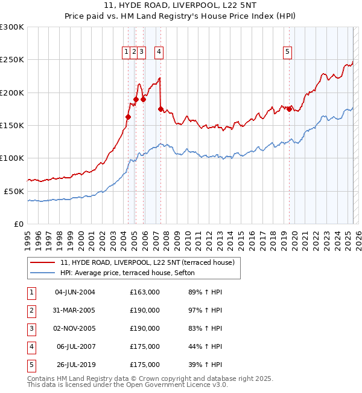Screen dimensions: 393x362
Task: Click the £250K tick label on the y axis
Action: (12, 60)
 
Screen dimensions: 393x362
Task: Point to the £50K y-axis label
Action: (14, 191)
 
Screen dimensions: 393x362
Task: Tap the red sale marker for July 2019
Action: (290, 109)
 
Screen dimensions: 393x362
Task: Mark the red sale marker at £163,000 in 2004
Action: (128, 117)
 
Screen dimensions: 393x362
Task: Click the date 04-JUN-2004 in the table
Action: (75, 293)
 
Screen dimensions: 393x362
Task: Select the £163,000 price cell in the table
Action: (145, 293)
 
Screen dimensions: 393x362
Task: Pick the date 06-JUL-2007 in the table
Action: (75, 347)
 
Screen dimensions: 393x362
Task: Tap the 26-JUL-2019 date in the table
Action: (75, 365)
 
